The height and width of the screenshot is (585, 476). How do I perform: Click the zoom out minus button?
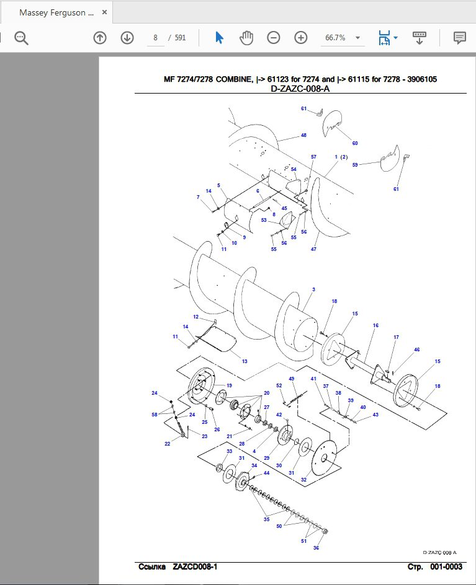(274, 38)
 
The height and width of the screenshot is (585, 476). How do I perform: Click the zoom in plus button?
(301, 38)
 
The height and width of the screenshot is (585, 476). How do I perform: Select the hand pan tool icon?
(246, 38)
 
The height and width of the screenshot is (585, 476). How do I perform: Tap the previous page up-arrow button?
(100, 38)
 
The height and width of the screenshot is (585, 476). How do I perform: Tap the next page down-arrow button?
(127, 38)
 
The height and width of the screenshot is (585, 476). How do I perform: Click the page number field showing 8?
(155, 38)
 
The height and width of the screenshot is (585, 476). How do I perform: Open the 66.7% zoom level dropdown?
(357, 38)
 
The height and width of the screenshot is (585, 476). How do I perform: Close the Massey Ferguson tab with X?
(105, 12)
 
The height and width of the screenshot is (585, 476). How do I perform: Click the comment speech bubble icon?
(460, 38)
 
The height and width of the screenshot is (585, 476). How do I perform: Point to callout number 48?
(303, 135)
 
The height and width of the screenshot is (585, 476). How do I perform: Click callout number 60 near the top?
(355, 143)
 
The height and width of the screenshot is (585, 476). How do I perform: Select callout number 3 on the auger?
(313, 289)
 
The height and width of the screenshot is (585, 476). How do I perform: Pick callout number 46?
(417, 350)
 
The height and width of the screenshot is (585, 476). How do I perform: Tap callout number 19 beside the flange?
(229, 385)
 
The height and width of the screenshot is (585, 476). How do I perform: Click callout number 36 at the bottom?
(316, 548)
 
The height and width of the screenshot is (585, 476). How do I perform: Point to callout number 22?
(168, 444)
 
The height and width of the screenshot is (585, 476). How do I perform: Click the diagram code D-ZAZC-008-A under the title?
(300, 89)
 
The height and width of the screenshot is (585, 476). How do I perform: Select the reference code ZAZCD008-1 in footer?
(195, 566)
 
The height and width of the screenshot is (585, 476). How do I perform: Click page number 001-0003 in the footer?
(446, 566)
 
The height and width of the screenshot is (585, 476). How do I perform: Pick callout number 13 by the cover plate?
(245, 361)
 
